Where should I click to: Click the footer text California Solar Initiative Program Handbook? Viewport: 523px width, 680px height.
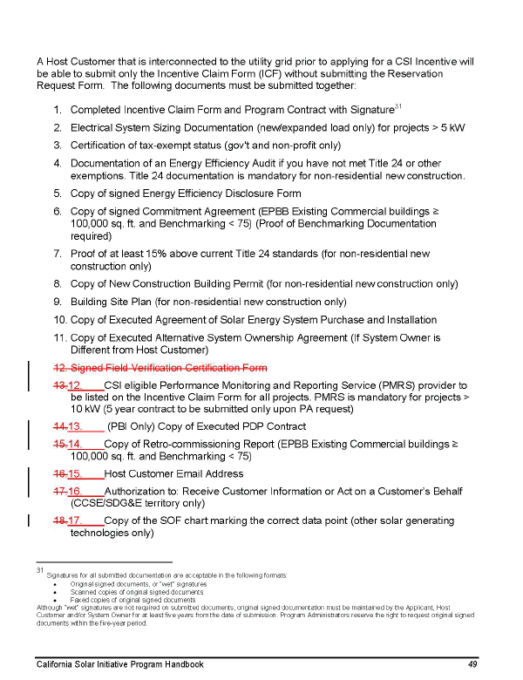click(120, 664)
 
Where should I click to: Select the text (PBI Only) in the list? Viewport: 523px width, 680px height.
click(132, 426)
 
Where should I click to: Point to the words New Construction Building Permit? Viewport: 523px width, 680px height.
click(188, 284)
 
